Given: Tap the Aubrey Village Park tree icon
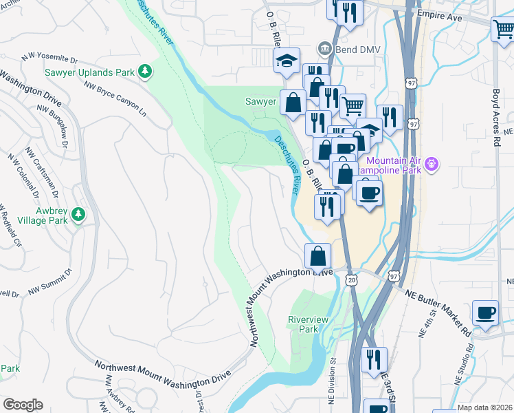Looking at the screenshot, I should [x=78, y=215].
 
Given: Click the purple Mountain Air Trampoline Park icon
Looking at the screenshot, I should [x=432, y=164].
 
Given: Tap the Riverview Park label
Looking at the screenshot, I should [x=303, y=324].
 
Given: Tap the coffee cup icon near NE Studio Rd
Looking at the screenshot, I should [x=486, y=312].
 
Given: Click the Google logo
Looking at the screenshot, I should [x=23, y=405].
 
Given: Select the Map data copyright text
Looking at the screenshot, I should [x=484, y=407].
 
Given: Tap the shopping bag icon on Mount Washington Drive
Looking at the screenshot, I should [x=319, y=255].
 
